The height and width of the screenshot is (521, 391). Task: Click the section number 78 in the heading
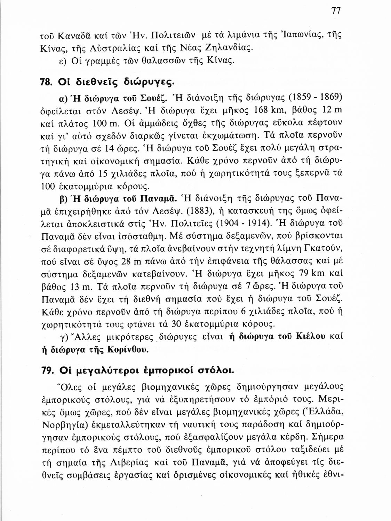tap(46, 82)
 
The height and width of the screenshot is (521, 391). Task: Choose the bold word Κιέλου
tap(310, 336)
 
